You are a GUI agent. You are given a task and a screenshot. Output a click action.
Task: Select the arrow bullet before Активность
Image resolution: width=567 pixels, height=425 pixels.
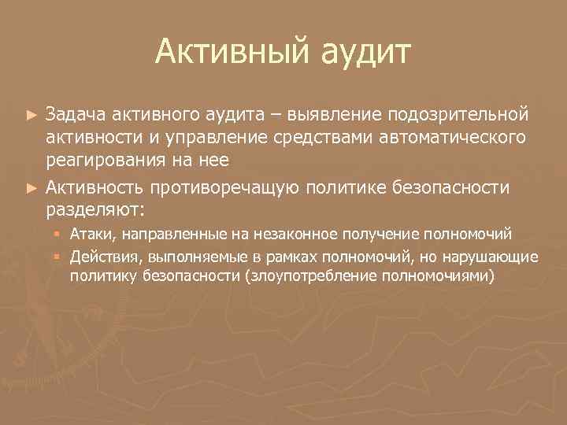(x=31, y=188)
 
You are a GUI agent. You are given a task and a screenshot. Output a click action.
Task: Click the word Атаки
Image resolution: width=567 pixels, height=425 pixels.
(x=91, y=234)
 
